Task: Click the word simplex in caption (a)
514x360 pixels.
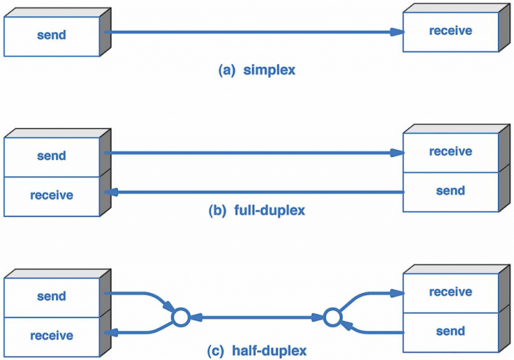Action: pyautogui.click(x=269, y=70)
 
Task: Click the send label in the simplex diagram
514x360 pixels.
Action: pyautogui.click(x=52, y=35)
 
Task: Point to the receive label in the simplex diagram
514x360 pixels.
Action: pyautogui.click(x=450, y=31)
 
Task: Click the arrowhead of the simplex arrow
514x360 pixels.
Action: pyautogui.click(x=397, y=32)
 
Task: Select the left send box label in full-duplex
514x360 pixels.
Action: pyautogui.click(x=52, y=155)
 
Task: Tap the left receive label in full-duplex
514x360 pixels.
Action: pyautogui.click(x=52, y=195)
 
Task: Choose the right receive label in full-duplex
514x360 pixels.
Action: pyautogui.click(x=450, y=151)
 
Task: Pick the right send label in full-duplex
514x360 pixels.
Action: pyautogui.click(x=450, y=191)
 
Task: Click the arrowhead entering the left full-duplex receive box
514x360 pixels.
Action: pyautogui.click(x=111, y=192)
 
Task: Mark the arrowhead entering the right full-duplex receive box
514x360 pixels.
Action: pyautogui.click(x=397, y=153)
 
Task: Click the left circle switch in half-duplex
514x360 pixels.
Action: pyautogui.click(x=181, y=317)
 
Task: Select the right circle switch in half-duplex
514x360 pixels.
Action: pyautogui.click(x=333, y=317)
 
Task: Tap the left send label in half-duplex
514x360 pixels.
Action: pyautogui.click(x=52, y=296)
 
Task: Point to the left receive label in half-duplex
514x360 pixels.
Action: pyautogui.click(x=52, y=335)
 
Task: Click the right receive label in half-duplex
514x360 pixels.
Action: pyautogui.click(x=450, y=292)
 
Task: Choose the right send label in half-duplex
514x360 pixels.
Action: pyautogui.click(x=450, y=331)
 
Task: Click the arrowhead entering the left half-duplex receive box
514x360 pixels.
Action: pyautogui.click(x=111, y=333)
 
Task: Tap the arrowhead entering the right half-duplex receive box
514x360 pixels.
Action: pyautogui.click(x=397, y=294)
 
